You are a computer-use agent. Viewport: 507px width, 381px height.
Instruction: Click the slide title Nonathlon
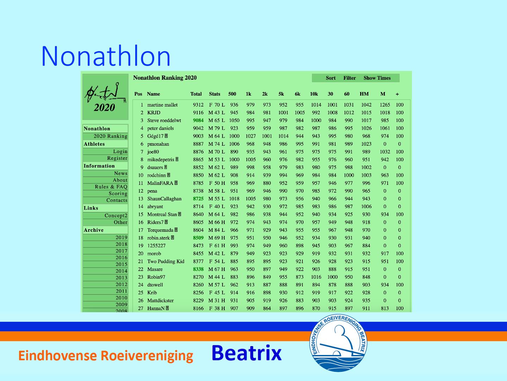click(106, 56)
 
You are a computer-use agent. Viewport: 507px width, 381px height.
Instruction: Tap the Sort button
click(331, 78)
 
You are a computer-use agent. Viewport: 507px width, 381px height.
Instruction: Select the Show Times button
click(377, 78)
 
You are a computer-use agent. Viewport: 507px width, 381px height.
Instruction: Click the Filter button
click(350, 78)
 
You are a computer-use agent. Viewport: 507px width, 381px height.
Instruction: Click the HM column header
click(364, 94)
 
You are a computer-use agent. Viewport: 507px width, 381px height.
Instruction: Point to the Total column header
click(196, 94)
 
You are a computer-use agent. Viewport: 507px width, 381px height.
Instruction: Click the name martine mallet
click(162, 105)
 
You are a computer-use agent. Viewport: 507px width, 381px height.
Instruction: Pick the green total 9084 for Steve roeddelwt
click(198, 120)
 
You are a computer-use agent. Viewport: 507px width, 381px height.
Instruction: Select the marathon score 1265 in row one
click(385, 105)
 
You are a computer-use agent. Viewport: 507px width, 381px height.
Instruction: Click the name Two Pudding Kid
click(166, 261)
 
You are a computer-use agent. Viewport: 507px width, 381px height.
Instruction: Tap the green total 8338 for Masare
click(198, 269)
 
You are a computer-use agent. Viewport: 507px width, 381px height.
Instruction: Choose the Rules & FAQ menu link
click(111, 187)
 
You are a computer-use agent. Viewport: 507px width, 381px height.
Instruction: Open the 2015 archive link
click(121, 264)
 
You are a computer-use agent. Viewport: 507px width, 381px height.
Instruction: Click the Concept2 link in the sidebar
click(116, 215)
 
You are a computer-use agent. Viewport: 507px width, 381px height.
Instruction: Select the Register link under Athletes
click(117, 158)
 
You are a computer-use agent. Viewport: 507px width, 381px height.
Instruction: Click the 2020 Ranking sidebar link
click(111, 136)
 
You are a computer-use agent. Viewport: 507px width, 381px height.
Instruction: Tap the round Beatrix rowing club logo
click(338, 343)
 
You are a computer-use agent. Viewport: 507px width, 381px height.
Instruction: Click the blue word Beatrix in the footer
click(246, 353)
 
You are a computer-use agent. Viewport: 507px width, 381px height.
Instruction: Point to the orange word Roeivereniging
click(147, 356)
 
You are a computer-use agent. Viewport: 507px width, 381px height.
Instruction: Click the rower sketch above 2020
click(105, 92)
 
